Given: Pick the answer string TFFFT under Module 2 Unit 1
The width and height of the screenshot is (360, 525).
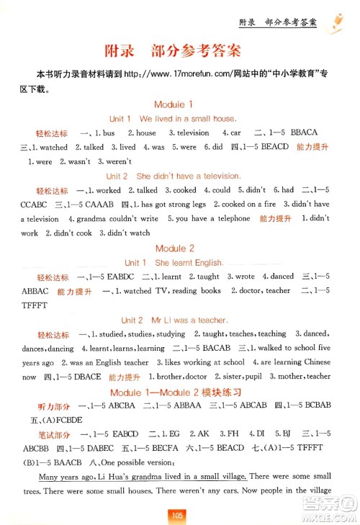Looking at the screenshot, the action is point(37,305).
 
